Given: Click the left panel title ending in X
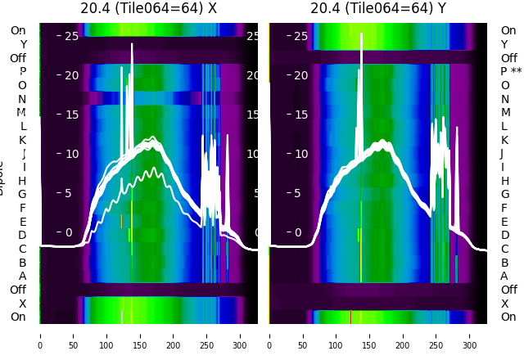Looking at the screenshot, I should point(148,8).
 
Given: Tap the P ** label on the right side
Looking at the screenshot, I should point(511,71).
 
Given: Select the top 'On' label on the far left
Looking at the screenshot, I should point(18,30).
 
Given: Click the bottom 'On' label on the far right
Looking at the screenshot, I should point(508,317).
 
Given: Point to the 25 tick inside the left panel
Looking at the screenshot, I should point(71,36).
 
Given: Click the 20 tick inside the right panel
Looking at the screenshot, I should point(301,75).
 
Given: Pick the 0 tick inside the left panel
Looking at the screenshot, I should point(70,232).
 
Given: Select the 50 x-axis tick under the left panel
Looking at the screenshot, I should point(73,335).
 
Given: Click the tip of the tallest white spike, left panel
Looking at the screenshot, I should point(132,44).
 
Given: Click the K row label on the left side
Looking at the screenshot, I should point(23,140).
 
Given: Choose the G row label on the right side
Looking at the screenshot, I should point(505,194).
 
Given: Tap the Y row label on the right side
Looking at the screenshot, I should point(505,44).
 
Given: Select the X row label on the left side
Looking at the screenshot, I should point(23,304).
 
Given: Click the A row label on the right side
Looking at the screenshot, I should point(505,276).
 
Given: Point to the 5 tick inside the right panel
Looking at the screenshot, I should point(301,193).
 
